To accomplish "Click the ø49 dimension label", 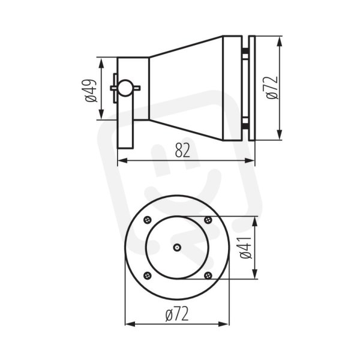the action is [x=91, y=91].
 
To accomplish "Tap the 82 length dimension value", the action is [x=182, y=150].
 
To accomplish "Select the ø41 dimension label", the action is [x=246, y=247].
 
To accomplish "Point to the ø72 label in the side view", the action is [x=272, y=88].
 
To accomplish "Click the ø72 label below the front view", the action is [x=177, y=314].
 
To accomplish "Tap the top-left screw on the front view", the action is [x=148, y=220].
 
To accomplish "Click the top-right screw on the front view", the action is [x=208, y=220].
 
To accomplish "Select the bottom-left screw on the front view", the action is [x=148, y=275].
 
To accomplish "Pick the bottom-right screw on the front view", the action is [x=208, y=275].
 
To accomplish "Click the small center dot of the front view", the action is [x=177, y=247].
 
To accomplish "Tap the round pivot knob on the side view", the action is [x=125, y=88].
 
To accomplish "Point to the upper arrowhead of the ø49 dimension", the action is [x=101, y=63].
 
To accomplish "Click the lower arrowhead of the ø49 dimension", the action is [x=101, y=113].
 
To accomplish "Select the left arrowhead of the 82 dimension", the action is [x=122, y=160].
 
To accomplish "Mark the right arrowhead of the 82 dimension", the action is [x=250, y=160].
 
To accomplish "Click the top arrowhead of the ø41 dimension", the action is [x=254, y=222].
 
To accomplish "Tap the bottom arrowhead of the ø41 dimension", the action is [x=254, y=274].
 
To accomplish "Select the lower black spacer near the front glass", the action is [x=245, y=125].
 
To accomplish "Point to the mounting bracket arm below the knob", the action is [x=125, y=122].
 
